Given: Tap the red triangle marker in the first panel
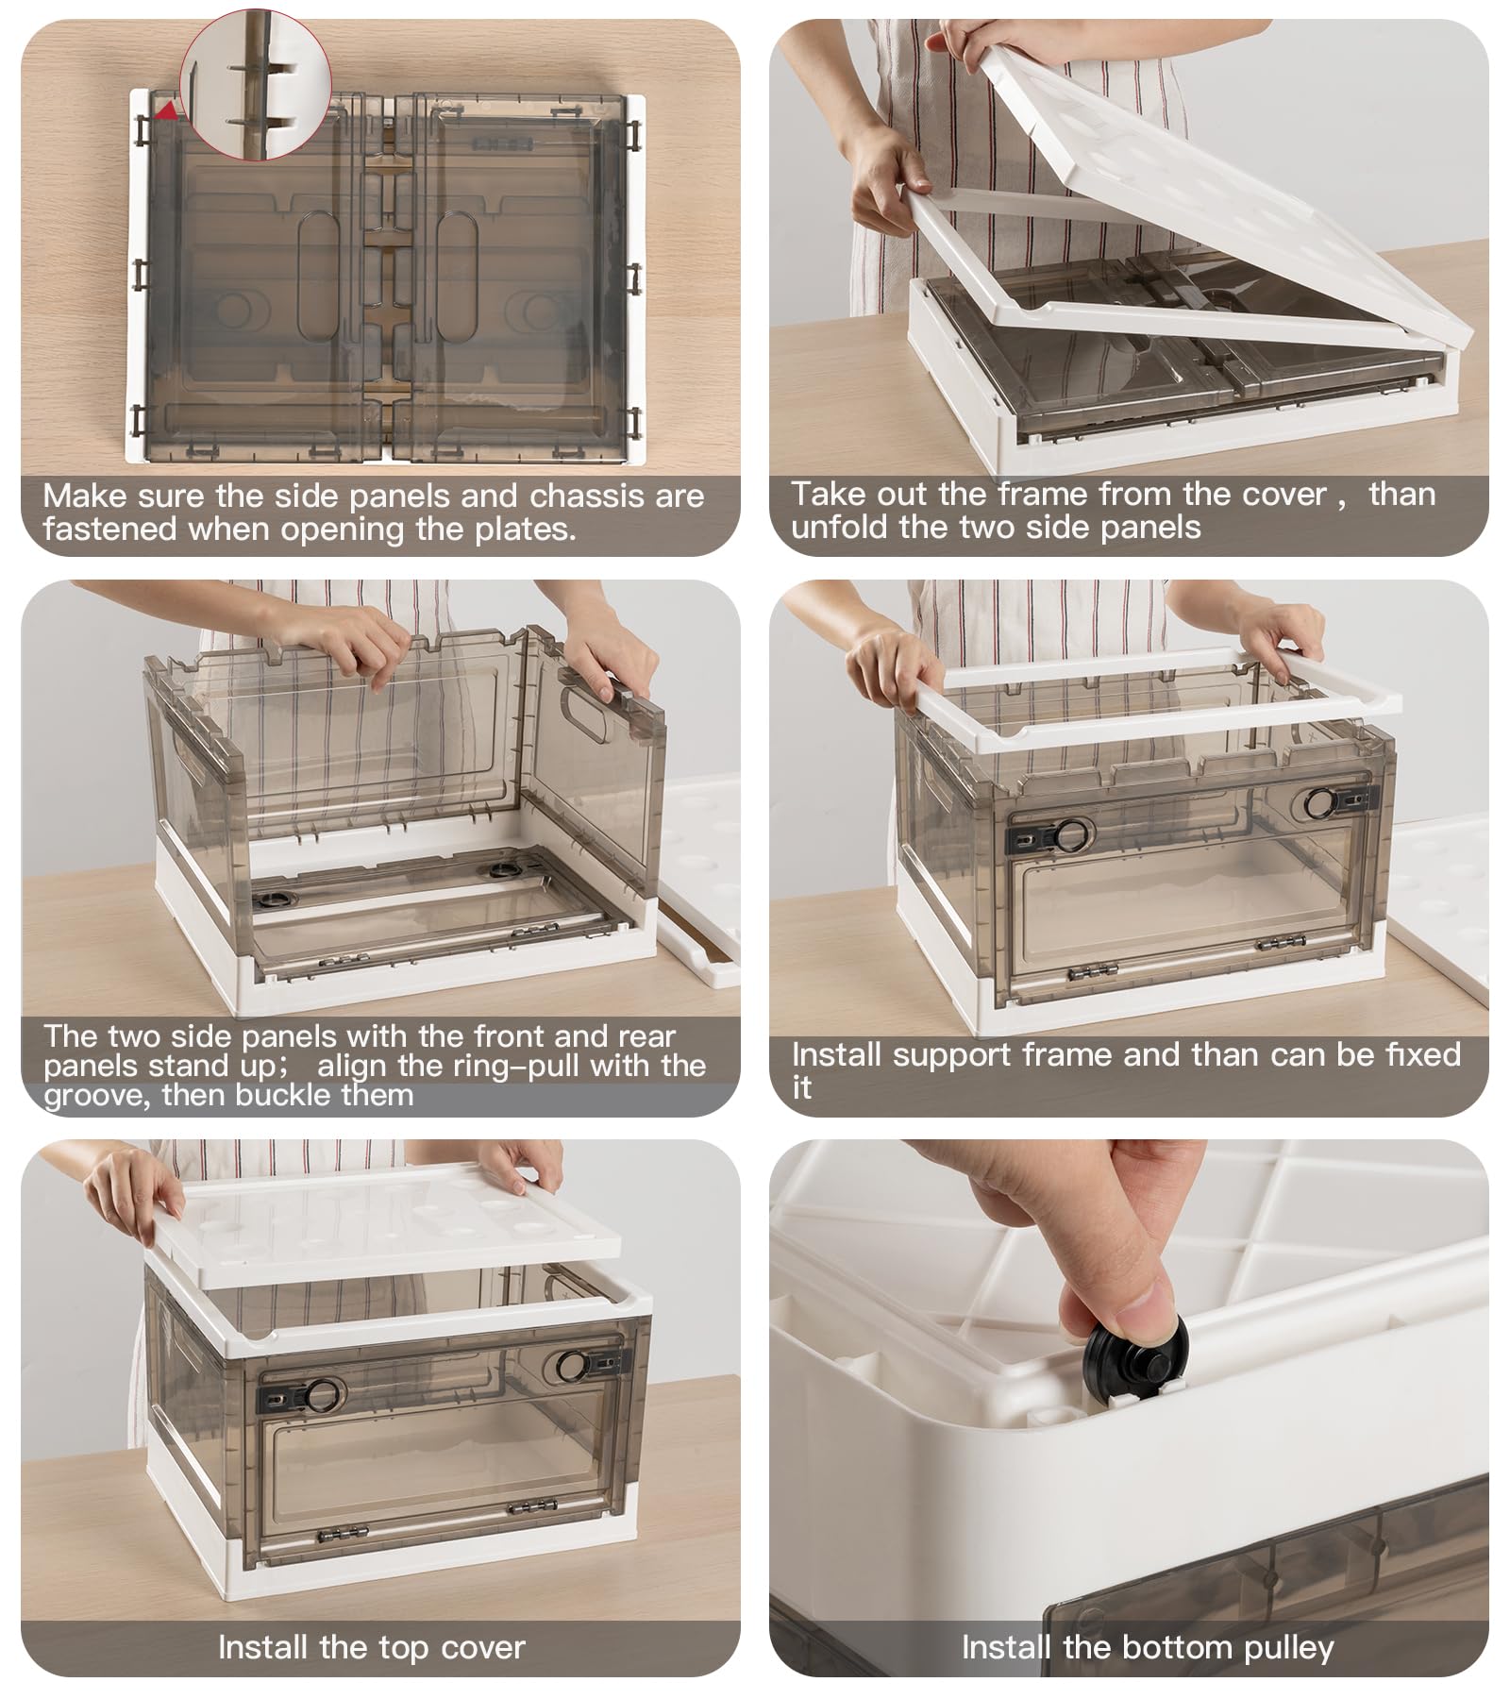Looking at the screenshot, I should (167, 111).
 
